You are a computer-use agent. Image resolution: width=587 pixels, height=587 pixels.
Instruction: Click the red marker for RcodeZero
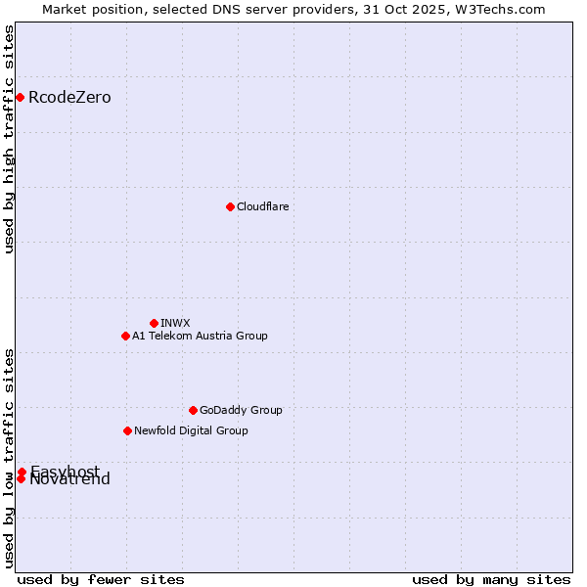(x=20, y=97)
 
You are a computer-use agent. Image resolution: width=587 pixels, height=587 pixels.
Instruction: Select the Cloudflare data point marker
(x=230, y=206)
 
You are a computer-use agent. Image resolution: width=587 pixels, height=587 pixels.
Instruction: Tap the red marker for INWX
(x=154, y=323)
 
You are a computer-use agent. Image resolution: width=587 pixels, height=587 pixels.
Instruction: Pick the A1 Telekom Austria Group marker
(x=125, y=336)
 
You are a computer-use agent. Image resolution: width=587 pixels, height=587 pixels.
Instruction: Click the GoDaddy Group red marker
(x=193, y=410)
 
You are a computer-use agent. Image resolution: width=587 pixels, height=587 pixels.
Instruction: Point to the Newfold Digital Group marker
(x=127, y=430)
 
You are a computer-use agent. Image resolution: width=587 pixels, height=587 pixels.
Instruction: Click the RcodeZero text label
(x=69, y=98)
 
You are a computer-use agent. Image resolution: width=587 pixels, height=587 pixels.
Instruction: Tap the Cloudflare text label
(x=262, y=206)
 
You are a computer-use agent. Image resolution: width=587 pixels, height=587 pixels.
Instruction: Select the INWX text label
(x=175, y=323)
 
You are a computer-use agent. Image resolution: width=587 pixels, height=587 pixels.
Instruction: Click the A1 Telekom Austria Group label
(x=200, y=336)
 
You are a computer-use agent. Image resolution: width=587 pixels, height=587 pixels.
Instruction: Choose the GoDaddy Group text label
(x=241, y=410)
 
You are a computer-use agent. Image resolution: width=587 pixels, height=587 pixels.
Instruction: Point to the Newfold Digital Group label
(x=191, y=430)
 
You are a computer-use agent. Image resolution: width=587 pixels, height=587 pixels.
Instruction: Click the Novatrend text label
(x=69, y=479)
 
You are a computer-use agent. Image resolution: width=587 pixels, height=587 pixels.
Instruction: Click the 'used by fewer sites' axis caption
(x=101, y=579)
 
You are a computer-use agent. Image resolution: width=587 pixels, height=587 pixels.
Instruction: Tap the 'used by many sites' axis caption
(x=491, y=579)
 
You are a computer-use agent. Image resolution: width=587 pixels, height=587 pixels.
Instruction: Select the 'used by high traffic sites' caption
(x=10, y=139)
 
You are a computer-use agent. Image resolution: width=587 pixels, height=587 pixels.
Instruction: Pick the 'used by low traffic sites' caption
(x=10, y=458)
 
